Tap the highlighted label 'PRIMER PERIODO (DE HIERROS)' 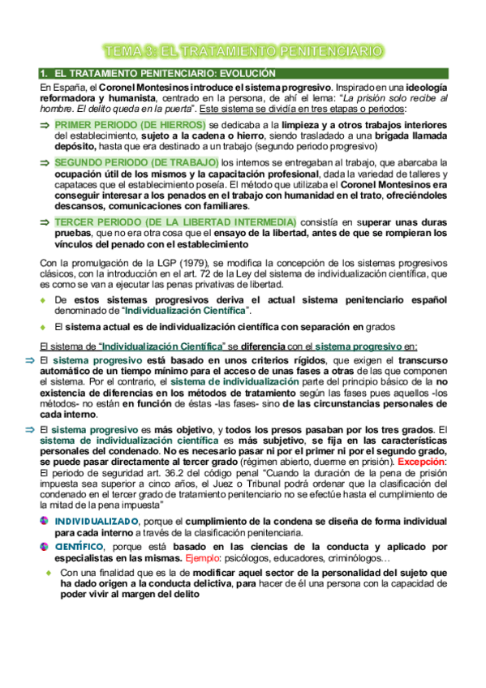130,125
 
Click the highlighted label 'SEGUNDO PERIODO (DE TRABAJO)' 136,163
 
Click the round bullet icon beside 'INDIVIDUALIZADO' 45,521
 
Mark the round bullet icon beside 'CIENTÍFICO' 45,548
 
